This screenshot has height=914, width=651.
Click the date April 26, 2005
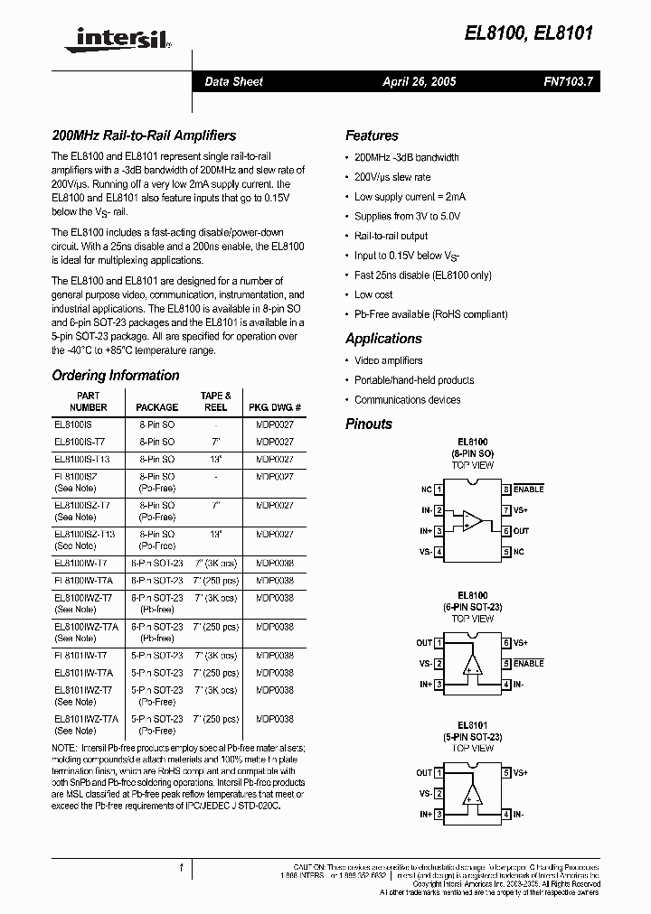(419, 81)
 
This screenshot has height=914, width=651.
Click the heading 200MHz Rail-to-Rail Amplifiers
(144, 135)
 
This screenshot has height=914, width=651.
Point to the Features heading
(372, 135)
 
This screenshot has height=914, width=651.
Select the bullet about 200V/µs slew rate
(392, 177)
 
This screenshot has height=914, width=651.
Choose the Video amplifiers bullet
(388, 360)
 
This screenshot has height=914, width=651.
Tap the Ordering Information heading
(116, 376)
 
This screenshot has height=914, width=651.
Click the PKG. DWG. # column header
(274, 407)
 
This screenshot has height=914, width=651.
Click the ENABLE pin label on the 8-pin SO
(529, 489)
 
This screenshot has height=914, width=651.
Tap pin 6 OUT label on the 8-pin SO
(522, 531)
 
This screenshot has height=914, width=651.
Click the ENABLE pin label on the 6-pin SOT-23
(529, 663)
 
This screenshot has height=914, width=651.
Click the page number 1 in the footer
(182, 867)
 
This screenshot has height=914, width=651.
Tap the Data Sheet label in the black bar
(233, 81)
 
